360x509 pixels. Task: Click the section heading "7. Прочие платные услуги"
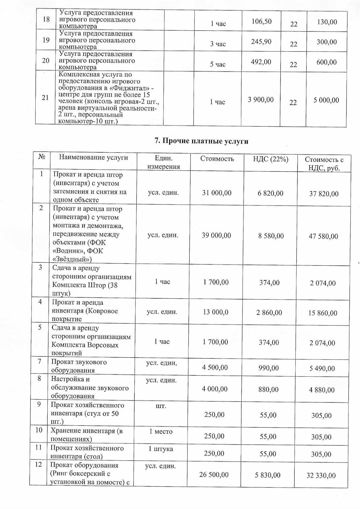tap(201, 141)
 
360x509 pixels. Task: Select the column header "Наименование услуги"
tap(93, 157)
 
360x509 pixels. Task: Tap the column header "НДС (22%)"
tap(271, 159)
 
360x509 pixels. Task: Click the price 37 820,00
tap(324, 194)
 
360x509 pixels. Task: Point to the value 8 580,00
tap(271, 236)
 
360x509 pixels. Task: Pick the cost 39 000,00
tap(216, 235)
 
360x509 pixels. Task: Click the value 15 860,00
tap(323, 313)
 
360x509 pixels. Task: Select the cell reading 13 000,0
tap(216, 312)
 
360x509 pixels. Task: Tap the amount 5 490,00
tap(322, 368)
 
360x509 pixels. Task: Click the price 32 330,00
tap(321, 475)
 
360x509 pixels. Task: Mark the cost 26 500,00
tap(214, 475)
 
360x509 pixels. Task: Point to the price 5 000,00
tap(326, 100)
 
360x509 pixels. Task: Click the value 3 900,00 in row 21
tap(261, 99)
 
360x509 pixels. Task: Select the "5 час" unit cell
tap(218, 64)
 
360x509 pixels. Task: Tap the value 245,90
tap(261, 42)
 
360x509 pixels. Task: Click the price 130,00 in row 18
tap(327, 22)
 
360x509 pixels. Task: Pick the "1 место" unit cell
tap(161, 431)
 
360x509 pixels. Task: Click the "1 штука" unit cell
tap(161, 449)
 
